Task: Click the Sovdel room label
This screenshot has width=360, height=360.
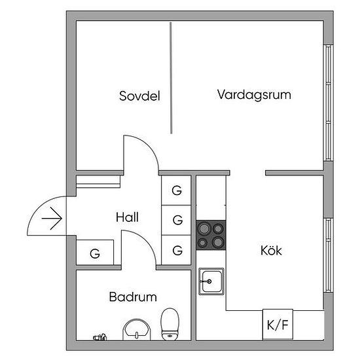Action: pyautogui.click(x=139, y=96)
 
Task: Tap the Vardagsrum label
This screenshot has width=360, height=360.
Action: pyautogui.click(x=254, y=95)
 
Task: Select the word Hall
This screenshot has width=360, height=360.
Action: pyautogui.click(x=127, y=217)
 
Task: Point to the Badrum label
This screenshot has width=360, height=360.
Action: pyautogui.click(x=133, y=297)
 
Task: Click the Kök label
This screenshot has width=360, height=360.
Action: pyautogui.click(x=271, y=250)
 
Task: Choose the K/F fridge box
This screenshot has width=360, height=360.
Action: pyautogui.click(x=278, y=324)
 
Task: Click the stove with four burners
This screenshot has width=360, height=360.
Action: pyautogui.click(x=211, y=235)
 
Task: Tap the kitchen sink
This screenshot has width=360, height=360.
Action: pyautogui.click(x=211, y=281)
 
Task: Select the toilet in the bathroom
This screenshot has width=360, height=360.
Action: pyautogui.click(x=170, y=324)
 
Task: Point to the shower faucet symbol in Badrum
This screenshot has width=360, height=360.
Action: pyautogui.click(x=100, y=337)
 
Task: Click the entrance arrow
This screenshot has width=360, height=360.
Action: pyautogui.click(x=52, y=219)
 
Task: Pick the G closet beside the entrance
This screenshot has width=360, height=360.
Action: pyautogui.click(x=95, y=253)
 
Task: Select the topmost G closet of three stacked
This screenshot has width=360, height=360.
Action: pyautogui.click(x=176, y=190)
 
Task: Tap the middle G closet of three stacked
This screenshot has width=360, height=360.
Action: pyautogui.click(x=176, y=220)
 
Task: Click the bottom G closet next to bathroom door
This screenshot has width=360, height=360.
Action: pyautogui.click(x=176, y=250)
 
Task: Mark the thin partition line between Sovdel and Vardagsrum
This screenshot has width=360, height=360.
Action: pyautogui.click(x=171, y=78)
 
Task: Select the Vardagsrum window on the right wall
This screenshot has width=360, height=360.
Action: pyautogui.click(x=329, y=103)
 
